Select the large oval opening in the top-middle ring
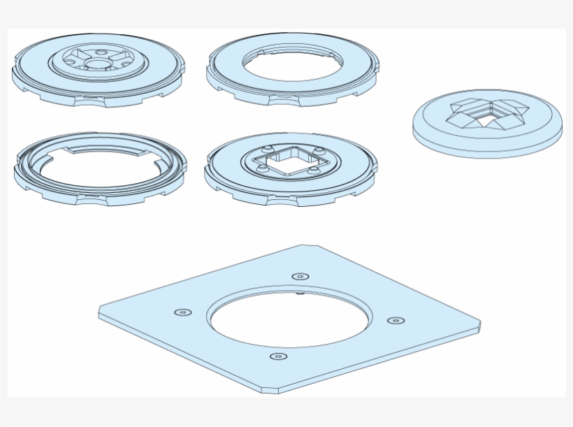coord(292,63)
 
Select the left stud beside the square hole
coord(261,167)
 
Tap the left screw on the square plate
coord(183,312)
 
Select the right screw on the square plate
coord(396,321)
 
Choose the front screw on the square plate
coord(278,357)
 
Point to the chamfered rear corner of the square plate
coord(310,246)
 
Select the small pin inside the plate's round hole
coord(300,294)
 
